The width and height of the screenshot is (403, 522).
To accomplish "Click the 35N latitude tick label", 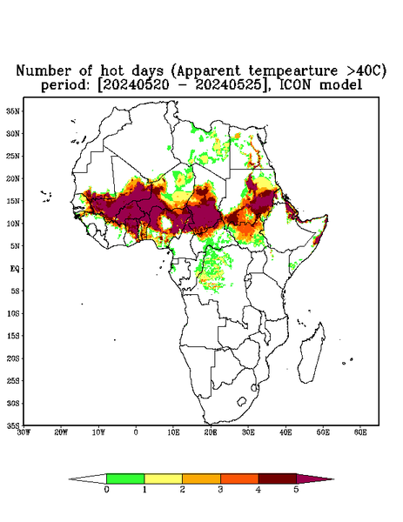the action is point(13,110).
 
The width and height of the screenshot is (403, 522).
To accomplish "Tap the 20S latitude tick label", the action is point(13,358).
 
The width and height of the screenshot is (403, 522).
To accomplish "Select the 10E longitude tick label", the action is point(173,432).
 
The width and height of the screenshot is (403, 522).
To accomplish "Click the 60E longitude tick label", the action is point(360,432).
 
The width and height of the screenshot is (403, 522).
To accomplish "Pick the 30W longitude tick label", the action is point(24,432).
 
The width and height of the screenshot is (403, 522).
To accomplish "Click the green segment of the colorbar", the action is point(125,478).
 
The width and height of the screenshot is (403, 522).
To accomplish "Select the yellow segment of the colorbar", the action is point(163,478).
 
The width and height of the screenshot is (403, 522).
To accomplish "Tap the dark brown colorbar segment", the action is point(278,478).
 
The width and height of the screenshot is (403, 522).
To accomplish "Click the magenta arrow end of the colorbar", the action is point(313,479).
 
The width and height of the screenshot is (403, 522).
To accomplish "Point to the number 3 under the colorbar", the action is point(220,490).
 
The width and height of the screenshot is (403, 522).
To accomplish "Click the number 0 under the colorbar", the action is point(106,490).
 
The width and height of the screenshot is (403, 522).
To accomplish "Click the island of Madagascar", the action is point(312,353).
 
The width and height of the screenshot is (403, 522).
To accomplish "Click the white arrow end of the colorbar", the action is point(88,479).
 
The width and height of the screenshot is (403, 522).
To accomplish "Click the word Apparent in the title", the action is point(208,71).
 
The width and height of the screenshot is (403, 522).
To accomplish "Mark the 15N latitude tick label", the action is point(13,201).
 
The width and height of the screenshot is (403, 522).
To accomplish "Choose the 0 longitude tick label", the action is point(136,432).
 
